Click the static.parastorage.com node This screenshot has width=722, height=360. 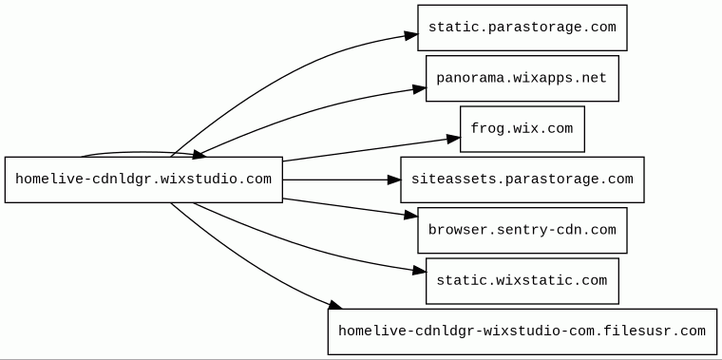tap(522, 28)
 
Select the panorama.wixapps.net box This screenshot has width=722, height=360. tap(522, 78)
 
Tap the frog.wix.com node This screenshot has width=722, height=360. tap(522, 129)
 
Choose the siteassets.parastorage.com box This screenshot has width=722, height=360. tap(522, 180)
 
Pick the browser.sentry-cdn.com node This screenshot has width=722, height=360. tap(522, 230)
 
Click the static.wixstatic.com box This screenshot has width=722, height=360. tap(522, 281)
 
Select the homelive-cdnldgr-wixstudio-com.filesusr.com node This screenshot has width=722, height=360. tap(522, 332)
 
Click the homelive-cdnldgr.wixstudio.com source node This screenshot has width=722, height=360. tap(143, 180)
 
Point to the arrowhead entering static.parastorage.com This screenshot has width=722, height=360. tap(411, 35)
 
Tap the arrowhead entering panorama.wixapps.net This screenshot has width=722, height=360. tap(420, 88)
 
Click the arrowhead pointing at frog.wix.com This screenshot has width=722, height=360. tap(453, 138)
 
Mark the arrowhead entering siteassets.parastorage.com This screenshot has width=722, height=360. tap(394, 180)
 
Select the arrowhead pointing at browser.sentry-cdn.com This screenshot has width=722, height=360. tap(411, 215)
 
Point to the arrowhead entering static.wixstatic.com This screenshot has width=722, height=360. tap(420, 271)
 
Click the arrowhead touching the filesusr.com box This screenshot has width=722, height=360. tap(335, 304)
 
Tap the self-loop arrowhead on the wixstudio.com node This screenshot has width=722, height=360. tap(199, 154)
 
